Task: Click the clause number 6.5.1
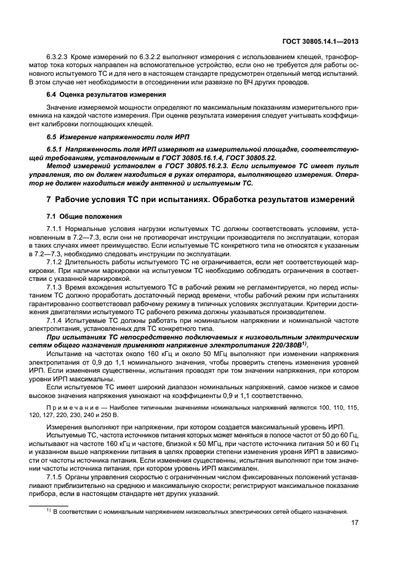(x=56, y=150)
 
